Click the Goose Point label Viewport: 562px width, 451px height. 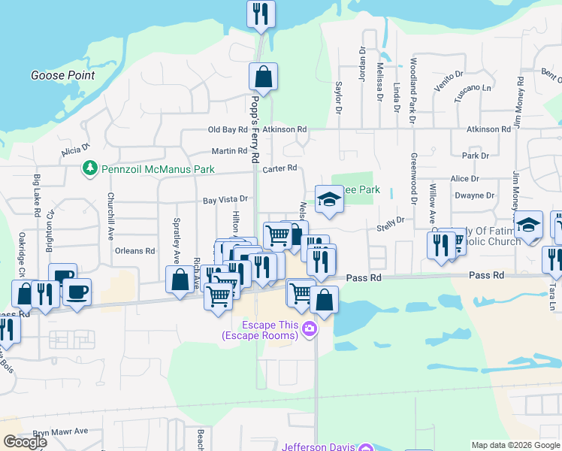[x=63, y=75]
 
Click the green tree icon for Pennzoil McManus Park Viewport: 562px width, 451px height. [x=89, y=167]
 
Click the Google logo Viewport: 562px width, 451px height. [x=26, y=441]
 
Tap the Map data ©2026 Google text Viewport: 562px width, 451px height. [x=515, y=445]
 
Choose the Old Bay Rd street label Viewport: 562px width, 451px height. [x=228, y=129]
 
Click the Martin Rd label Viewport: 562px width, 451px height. [x=229, y=150]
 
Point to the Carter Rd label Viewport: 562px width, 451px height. [x=280, y=168]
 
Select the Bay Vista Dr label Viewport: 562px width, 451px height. [x=225, y=201]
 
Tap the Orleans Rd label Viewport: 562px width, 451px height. [x=134, y=251]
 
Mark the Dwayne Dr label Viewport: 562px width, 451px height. [x=473, y=195]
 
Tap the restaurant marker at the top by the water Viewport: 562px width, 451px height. [x=261, y=14]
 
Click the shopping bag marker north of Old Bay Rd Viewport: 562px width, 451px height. [x=264, y=76]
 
